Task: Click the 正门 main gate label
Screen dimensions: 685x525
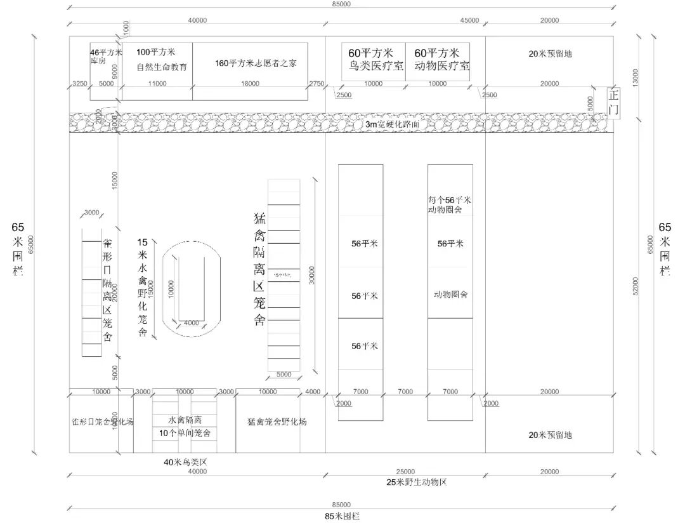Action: [x=613, y=102]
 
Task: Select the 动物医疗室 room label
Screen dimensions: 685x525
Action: [x=441, y=66]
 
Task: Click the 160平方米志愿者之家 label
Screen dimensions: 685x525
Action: [x=255, y=63]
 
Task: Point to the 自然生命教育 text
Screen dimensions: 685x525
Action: [x=162, y=67]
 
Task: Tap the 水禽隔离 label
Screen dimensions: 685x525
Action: [x=185, y=420]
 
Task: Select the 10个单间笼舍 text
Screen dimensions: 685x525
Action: [x=185, y=433]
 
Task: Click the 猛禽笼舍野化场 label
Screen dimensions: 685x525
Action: [x=277, y=422]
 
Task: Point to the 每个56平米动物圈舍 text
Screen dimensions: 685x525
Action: [x=450, y=204]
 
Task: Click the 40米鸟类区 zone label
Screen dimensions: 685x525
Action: [x=185, y=462]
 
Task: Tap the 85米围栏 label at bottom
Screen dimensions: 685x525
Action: [x=342, y=516]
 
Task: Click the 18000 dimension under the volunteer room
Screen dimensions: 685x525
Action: [x=250, y=84]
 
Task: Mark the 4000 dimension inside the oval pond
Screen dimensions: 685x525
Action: [x=191, y=323]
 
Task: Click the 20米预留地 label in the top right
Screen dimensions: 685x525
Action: [x=550, y=54]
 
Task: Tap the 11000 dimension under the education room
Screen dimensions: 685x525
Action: [x=157, y=84]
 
